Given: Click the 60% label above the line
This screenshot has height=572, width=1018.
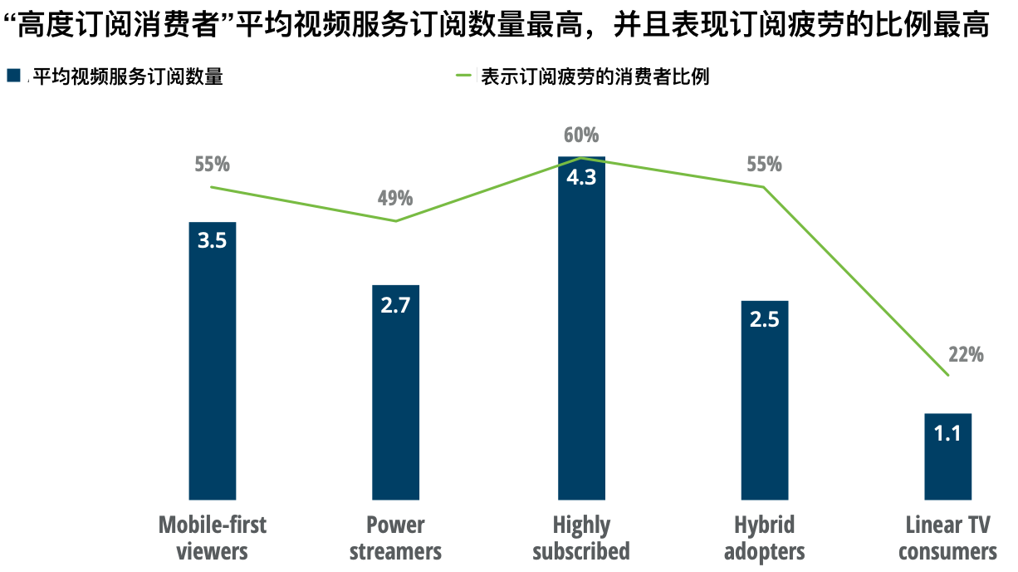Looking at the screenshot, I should (x=580, y=135).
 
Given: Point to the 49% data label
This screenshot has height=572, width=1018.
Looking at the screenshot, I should (x=395, y=198).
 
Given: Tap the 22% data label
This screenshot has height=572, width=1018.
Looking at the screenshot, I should (x=966, y=354).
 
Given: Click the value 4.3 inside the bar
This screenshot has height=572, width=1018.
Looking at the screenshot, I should (x=580, y=177).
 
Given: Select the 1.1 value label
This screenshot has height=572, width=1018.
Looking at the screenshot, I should (x=947, y=433).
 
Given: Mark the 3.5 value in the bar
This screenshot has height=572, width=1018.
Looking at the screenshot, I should (x=213, y=241).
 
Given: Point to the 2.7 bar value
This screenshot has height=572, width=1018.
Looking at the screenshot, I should (x=395, y=305).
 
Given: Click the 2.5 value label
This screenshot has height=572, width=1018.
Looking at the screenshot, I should (x=764, y=320).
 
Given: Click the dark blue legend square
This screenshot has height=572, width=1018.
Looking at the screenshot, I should (x=14, y=76).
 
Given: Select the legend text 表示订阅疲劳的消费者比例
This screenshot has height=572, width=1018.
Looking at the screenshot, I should (x=595, y=77).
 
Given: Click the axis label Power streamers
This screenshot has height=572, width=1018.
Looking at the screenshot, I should (x=395, y=538).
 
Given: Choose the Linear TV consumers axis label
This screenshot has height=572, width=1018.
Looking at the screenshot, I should (x=947, y=538).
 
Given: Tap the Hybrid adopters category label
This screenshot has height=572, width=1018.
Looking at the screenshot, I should (x=764, y=538).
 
